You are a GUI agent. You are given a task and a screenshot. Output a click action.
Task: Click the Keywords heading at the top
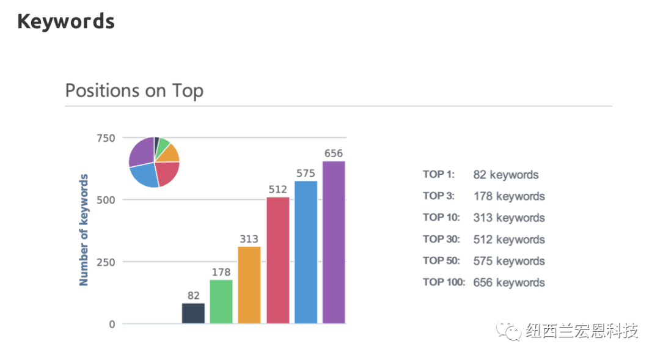(65, 21)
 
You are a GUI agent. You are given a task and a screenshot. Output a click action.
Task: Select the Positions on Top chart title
(134, 90)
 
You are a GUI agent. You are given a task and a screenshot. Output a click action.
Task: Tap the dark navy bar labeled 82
(193, 313)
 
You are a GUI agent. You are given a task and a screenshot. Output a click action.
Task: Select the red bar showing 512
(277, 260)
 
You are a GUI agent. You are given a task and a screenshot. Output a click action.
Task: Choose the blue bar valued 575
(306, 252)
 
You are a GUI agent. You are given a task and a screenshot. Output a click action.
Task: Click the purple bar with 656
(334, 242)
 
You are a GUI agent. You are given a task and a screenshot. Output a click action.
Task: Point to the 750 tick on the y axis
(106, 138)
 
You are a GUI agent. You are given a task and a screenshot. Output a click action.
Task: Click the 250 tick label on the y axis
(106, 262)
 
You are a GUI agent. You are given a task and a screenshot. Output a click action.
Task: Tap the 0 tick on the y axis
(112, 324)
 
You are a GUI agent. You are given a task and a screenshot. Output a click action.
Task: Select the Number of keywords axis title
(84, 230)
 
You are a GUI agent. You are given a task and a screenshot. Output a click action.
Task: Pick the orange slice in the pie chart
(169, 153)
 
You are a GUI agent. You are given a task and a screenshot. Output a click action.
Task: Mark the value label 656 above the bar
(334, 153)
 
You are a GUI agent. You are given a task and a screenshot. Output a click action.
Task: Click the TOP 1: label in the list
(438, 175)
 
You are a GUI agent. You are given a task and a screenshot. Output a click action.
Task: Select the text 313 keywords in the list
(508, 218)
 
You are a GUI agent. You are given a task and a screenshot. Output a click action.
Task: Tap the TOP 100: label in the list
(444, 282)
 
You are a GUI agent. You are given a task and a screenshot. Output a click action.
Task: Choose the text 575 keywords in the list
(508, 261)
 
